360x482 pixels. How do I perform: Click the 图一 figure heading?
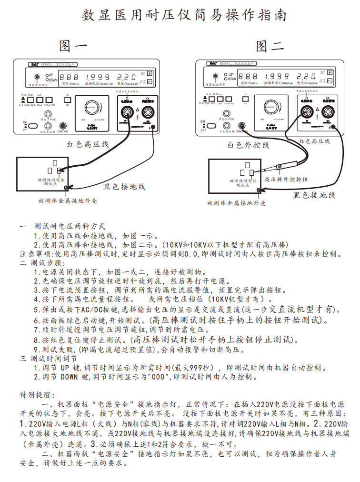pos(73,46)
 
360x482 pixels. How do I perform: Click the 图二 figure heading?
pos(270,46)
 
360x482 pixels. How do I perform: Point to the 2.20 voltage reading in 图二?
pos(306,76)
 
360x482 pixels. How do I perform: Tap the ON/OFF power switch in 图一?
pos(32,126)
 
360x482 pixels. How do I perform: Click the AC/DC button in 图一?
pos(67,101)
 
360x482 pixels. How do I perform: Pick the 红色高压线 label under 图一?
pos(88,144)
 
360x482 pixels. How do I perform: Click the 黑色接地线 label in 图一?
pos(124,186)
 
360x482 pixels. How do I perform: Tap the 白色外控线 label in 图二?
pos(248,145)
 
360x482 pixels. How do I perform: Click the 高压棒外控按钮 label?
pos(286,180)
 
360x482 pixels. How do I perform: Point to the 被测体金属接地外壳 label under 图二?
pos(237,203)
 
